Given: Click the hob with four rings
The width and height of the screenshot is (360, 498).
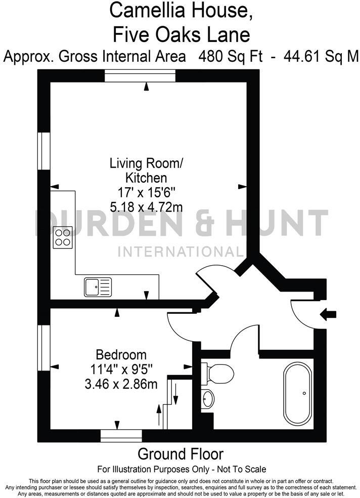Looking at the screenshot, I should coord(63,237).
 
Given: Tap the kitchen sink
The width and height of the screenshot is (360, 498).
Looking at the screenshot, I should coord(97,287).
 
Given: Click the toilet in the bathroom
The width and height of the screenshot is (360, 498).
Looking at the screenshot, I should coord(219,374).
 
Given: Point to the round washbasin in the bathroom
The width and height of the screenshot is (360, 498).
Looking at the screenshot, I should coord(207,399).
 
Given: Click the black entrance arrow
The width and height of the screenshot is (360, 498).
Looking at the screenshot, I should coord(329,315).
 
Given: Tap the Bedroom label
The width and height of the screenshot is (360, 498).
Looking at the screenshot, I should coord(121,355).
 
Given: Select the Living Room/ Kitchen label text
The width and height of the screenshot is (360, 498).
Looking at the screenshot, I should coord(146,171).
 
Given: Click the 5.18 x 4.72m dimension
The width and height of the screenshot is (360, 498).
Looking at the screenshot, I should coord(146,206).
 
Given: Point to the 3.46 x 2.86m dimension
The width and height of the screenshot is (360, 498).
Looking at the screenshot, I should coord(121,384).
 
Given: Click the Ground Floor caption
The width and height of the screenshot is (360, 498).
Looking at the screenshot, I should coord(180,453).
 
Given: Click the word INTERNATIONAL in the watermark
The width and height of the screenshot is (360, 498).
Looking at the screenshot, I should coord(180,252).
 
